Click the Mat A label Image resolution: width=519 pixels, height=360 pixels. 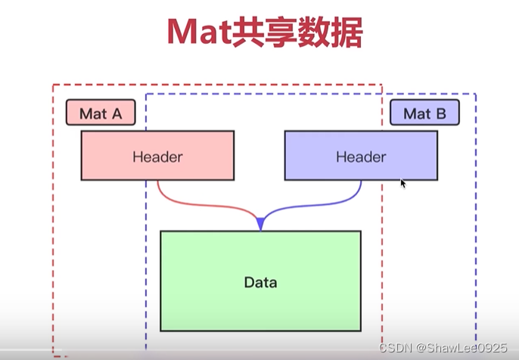(x=101, y=113)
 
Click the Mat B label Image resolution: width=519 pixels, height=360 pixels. (x=424, y=113)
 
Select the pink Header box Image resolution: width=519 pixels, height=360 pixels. (x=157, y=155)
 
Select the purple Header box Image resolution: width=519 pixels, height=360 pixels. (x=361, y=155)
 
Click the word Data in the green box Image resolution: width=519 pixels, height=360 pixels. (x=260, y=283)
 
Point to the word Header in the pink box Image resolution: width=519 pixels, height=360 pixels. (x=157, y=157)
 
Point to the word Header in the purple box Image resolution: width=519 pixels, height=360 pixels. (x=361, y=157)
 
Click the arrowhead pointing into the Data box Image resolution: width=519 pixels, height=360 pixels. (x=260, y=223)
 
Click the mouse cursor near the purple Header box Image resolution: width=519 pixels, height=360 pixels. (x=402, y=182)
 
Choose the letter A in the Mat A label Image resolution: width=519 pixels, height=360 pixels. (x=117, y=113)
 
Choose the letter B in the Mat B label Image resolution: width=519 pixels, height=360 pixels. (x=441, y=113)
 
